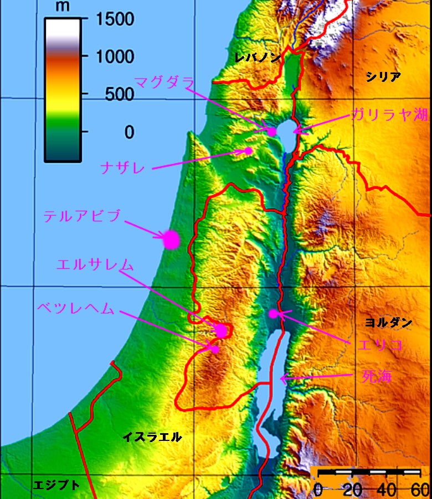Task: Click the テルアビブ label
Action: click(82, 216)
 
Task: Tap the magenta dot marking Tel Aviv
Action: click(172, 240)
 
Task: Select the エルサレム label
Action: click(95, 265)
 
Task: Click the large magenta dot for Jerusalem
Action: click(222, 330)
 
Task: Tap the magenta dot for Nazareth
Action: click(249, 150)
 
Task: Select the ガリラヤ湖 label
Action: click(389, 115)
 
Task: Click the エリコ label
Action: click(379, 345)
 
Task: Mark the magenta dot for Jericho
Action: click(273, 314)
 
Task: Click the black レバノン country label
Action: click(258, 57)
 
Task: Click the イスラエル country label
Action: click(152, 437)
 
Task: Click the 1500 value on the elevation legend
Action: click(115, 20)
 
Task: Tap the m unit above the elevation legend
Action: click(63, 7)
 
